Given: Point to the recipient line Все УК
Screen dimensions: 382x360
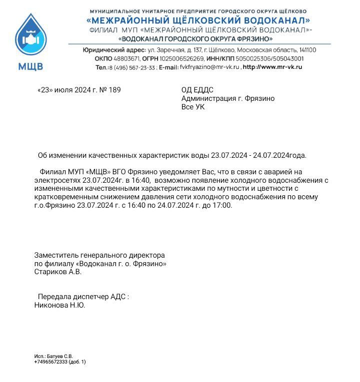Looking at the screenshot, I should (192, 107).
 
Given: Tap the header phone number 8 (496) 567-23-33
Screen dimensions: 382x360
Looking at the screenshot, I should (132, 67).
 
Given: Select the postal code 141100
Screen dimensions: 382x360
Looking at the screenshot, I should (306, 50).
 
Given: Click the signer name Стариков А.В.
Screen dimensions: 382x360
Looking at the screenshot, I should (57, 272).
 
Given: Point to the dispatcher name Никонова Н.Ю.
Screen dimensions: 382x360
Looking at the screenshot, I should (59, 305).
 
